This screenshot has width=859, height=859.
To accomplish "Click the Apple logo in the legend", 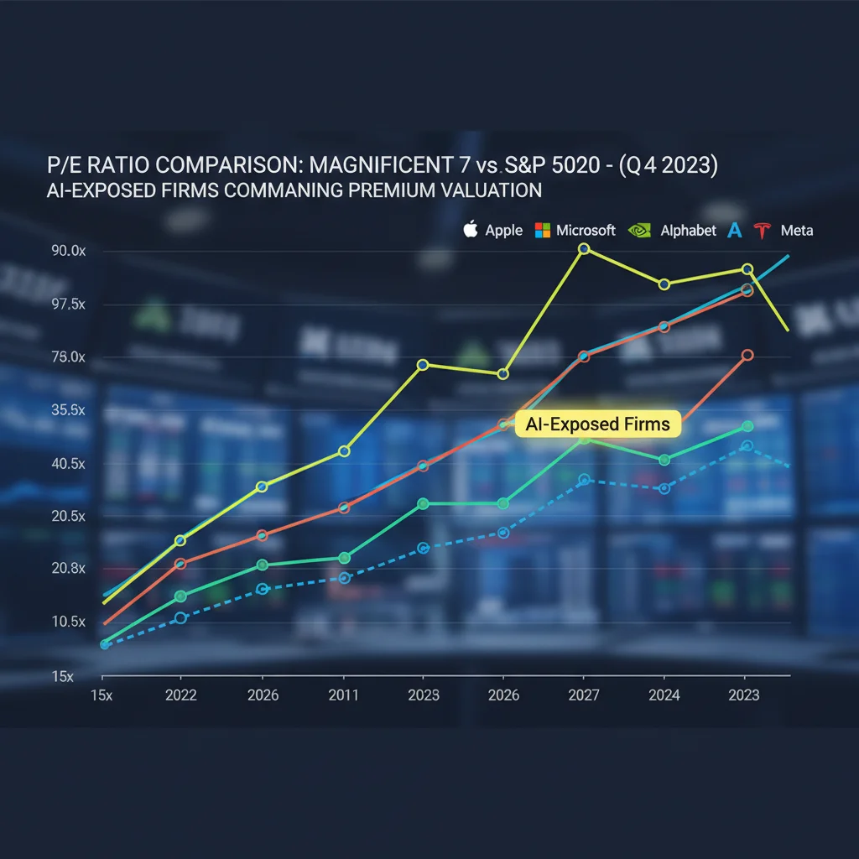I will [x=471, y=229].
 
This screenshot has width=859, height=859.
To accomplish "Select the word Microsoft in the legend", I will [x=586, y=230].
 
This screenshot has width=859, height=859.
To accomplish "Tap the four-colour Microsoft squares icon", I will [x=542, y=230].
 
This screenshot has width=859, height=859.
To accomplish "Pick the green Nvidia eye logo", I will [x=639, y=230].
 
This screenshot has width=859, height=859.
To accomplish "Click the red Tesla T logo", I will [x=763, y=231].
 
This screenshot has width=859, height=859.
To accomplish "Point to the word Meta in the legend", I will [x=796, y=231].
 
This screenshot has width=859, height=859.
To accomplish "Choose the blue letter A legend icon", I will [x=735, y=230].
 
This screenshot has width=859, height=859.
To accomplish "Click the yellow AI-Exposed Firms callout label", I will [x=597, y=424].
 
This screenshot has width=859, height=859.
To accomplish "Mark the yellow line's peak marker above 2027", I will [x=584, y=249].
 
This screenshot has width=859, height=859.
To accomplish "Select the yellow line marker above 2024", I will [x=664, y=284].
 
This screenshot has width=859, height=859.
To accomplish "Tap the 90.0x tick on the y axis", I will [x=69, y=252].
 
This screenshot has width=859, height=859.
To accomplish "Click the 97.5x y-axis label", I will [x=69, y=305].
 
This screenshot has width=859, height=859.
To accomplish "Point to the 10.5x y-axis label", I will [x=69, y=622].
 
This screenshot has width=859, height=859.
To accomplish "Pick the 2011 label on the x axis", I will [x=344, y=695].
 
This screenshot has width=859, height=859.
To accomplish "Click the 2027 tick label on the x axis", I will [x=584, y=695].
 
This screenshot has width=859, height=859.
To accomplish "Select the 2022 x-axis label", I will [x=181, y=695].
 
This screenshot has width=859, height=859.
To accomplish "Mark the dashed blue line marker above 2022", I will [x=180, y=618].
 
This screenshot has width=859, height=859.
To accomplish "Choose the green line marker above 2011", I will [x=344, y=558].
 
